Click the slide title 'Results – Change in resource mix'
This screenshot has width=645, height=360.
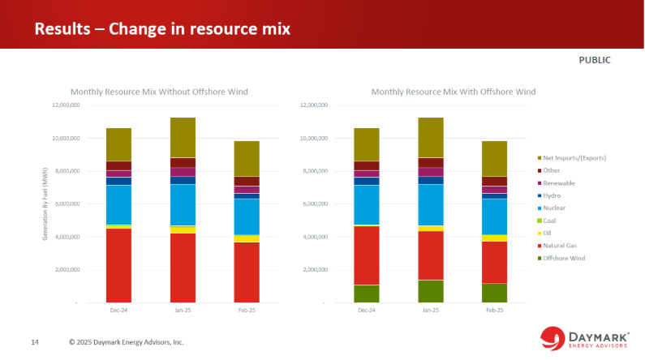(162, 29)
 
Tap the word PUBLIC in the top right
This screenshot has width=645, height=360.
(594, 60)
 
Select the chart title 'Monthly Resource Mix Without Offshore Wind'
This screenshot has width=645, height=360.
(159, 92)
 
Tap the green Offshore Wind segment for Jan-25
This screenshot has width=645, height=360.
(431, 291)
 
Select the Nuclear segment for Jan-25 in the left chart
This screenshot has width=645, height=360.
(183, 204)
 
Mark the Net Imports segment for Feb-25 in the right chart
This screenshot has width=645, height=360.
(495, 158)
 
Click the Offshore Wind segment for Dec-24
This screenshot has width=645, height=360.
(367, 294)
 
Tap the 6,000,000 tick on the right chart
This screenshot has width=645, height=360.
(313, 204)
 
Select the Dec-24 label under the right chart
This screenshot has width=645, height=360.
(367, 311)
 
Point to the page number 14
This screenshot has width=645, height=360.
(35, 342)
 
